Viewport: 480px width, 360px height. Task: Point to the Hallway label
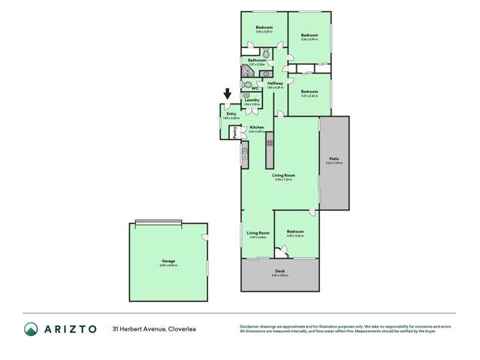[275, 83]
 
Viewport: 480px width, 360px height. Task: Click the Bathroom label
[257, 60]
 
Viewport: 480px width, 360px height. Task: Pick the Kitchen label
[256, 127]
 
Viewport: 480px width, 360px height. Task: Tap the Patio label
[334, 159]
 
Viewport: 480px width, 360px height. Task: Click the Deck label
[279, 273]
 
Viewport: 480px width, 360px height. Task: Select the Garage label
[168, 261]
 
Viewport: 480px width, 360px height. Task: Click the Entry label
[231, 113]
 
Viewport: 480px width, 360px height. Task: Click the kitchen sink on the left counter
[244, 156]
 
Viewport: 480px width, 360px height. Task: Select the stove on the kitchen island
[269, 142]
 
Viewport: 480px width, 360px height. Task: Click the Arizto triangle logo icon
[32, 329]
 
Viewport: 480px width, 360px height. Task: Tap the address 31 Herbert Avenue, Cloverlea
[154, 329]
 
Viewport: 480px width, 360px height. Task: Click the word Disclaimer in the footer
[250, 326]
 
